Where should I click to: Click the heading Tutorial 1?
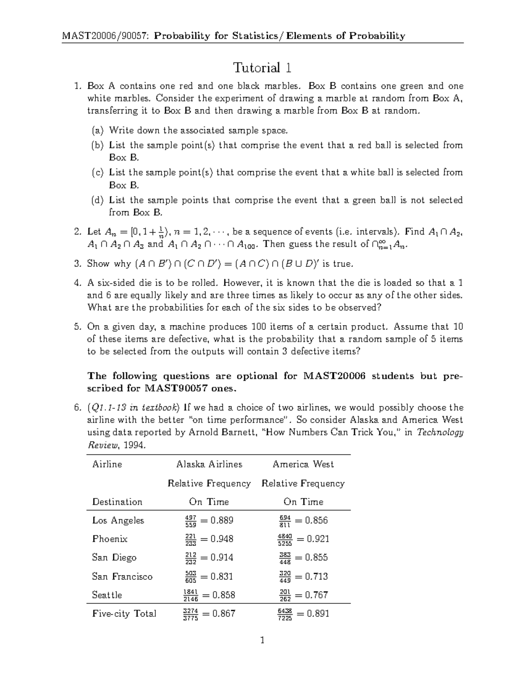(x=262, y=68)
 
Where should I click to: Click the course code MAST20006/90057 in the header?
(x=105, y=36)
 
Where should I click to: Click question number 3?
(x=77, y=264)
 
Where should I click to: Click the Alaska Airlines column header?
(x=209, y=464)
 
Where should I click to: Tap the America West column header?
(x=303, y=464)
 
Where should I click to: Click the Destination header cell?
(x=117, y=502)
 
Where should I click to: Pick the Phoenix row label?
(x=109, y=539)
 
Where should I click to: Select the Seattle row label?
(x=107, y=595)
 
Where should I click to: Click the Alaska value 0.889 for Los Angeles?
(x=221, y=520)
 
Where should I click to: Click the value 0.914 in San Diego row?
(x=221, y=557)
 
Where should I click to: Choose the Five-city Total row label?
(x=124, y=614)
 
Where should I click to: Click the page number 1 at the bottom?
(x=262, y=641)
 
